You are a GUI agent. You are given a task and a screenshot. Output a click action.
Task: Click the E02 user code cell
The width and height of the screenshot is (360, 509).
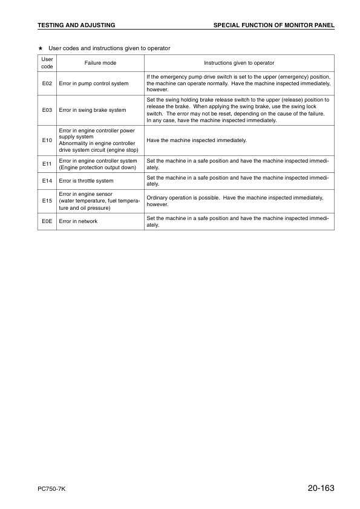point(47,83)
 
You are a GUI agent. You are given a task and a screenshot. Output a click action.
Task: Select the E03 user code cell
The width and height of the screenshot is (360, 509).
point(47,110)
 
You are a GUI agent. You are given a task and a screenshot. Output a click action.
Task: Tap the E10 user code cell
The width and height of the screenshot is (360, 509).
point(47,140)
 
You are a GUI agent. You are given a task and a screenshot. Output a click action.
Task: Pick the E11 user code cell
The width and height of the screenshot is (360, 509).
point(47,164)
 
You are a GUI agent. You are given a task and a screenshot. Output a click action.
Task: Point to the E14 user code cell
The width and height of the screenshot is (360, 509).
point(47,180)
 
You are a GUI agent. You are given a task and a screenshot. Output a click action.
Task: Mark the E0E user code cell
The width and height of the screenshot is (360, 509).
point(47,221)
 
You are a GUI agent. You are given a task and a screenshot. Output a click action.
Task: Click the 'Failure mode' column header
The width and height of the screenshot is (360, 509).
point(100,63)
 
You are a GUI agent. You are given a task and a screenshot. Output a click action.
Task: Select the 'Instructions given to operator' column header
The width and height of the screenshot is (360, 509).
point(239,63)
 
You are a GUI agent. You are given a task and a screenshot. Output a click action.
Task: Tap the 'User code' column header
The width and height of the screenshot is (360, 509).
point(47,63)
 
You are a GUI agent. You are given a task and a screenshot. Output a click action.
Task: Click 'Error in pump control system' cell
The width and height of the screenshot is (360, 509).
point(94,83)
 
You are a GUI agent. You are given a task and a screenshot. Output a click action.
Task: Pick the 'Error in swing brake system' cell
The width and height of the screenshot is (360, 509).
point(93,110)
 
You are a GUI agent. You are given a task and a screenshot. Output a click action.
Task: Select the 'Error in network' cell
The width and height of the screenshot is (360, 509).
point(78,221)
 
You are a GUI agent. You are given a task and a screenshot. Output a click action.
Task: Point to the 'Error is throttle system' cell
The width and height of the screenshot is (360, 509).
point(86,180)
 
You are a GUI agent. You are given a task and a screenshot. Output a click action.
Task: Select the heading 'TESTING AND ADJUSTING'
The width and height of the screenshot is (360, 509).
point(76,25)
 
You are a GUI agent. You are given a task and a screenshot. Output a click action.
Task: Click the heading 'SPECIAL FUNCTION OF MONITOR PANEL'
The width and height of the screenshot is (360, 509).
point(274,25)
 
